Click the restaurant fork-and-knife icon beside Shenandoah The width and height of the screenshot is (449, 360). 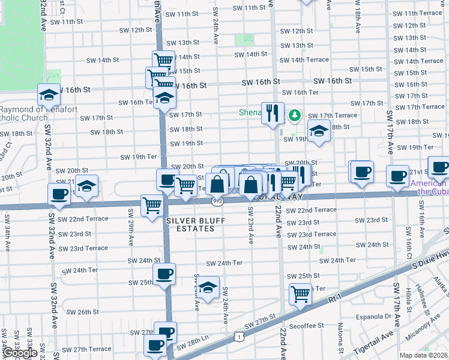(273, 112)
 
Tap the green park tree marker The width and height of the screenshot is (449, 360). (294, 115)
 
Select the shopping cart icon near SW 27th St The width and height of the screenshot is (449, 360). (300, 294)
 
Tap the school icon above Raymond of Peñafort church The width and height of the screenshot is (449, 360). (49, 94)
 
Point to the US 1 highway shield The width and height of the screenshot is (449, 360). (239, 338)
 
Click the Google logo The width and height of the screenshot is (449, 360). (20, 353)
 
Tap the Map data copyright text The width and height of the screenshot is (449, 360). (424, 355)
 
